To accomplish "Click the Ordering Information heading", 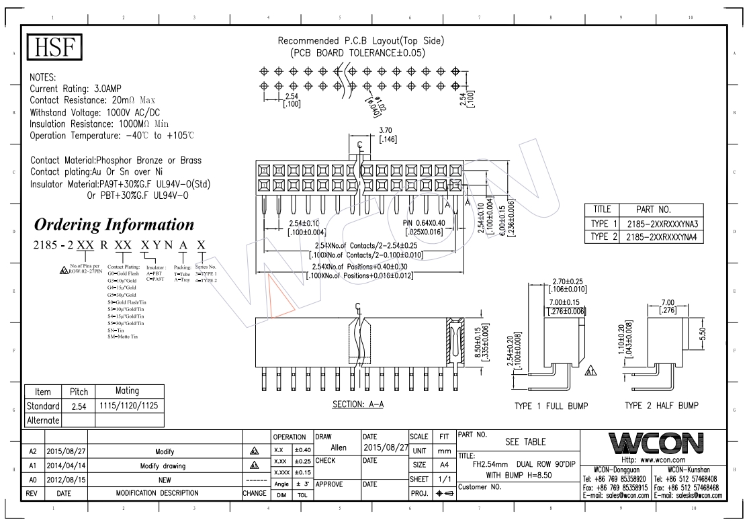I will click(x=114, y=224).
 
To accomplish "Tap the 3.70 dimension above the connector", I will click(x=386, y=130).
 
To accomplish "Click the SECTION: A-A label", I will click(x=358, y=405).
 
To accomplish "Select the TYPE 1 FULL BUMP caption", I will click(x=550, y=406).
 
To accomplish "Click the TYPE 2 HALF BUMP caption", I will click(x=662, y=406).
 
